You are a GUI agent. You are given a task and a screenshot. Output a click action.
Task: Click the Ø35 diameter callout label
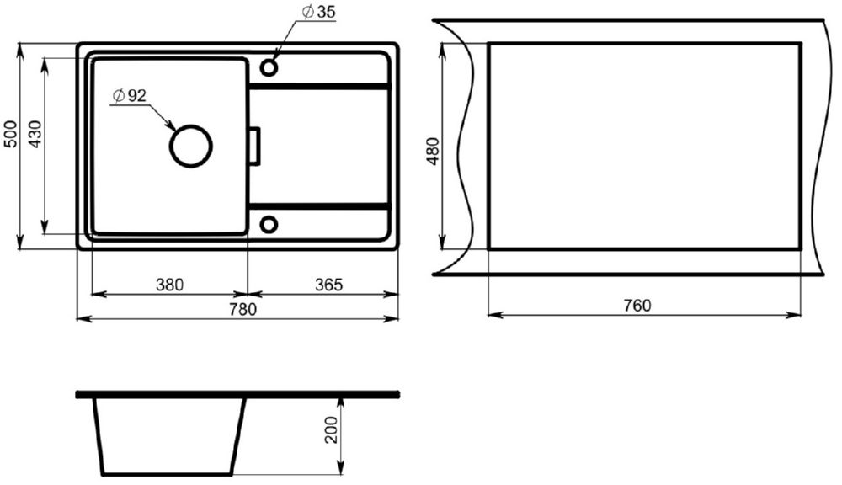coord(318,12)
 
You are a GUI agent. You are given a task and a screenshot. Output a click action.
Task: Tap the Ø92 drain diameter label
coord(129,96)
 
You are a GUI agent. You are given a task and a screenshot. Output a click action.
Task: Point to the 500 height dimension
coord(11,134)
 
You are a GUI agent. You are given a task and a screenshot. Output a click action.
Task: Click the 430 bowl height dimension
coord(35,134)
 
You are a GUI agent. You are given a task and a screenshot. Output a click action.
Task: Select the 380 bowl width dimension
coord(170,285)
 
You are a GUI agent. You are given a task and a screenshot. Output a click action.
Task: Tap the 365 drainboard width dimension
coord(328,285)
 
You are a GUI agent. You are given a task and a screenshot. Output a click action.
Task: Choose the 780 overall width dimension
coord(242,309)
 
